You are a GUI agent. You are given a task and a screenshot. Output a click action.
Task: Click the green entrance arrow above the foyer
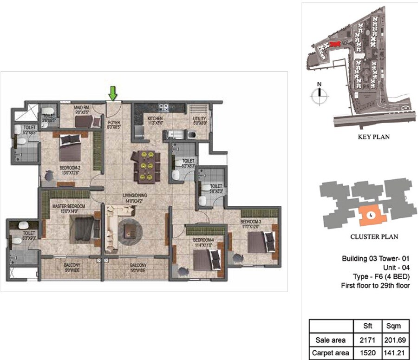[112, 93]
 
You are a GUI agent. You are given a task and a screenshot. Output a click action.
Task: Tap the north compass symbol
[319, 96]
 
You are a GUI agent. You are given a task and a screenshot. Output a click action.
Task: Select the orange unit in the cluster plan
[370, 215]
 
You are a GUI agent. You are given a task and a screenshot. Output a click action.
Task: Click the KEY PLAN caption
[373, 137]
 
